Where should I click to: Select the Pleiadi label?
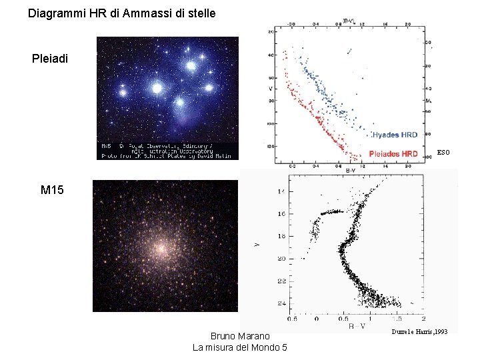coord(50,59)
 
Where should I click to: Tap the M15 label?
coord(52,191)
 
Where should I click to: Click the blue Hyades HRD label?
coord(395,135)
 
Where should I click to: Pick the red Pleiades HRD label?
coord(393,153)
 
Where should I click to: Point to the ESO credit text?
coord(443,153)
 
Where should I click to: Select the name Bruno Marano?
coord(240,336)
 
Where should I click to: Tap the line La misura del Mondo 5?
coord(240,347)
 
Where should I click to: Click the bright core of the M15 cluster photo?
coord(161,248)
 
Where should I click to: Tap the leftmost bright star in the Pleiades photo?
coord(123,87)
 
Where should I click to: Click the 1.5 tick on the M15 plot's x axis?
coord(398,318)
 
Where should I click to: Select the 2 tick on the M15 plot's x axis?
coord(424,318)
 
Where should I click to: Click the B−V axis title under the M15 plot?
coord(357,326)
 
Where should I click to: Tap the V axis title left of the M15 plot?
coord(258,245)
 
